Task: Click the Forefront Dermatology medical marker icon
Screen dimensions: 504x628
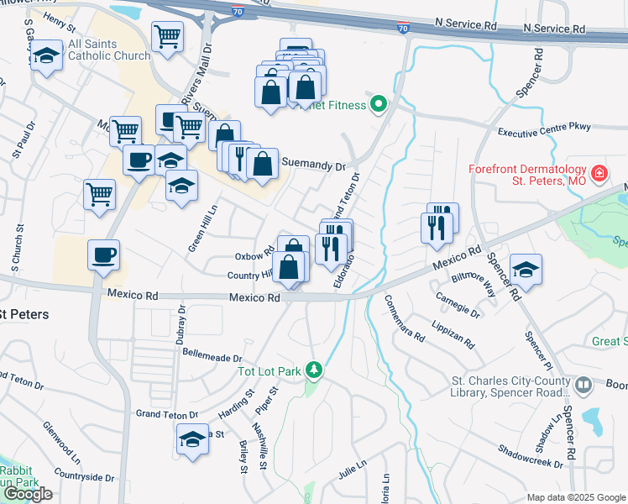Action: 599,175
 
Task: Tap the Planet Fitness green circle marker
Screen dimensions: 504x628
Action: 379,106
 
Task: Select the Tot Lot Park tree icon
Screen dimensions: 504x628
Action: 314,370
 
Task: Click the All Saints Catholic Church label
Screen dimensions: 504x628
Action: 109,50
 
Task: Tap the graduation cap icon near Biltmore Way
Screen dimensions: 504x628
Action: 526,269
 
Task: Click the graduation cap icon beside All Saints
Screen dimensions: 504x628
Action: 46,55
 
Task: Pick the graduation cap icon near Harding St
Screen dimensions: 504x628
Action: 192,438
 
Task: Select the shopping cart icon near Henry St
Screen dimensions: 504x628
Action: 167,36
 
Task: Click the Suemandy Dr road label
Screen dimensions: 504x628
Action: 313,165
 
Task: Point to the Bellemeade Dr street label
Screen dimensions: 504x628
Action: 212,356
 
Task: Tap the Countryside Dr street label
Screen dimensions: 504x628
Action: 82,477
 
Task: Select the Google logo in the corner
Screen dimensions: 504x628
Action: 28,494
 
